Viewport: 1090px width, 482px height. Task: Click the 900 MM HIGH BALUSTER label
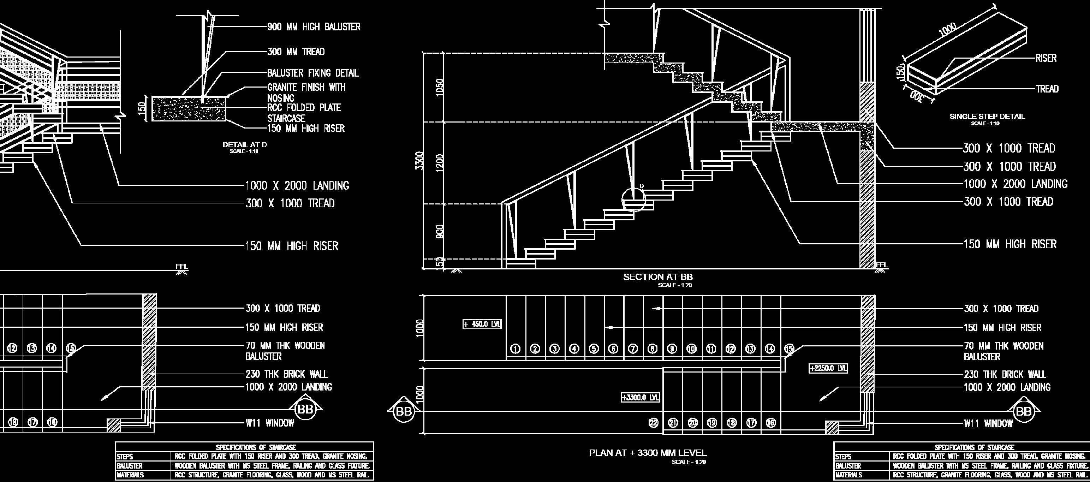tap(314, 27)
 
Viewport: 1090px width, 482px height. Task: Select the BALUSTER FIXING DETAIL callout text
tap(313, 73)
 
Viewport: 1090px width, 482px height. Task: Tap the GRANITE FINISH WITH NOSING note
tap(306, 92)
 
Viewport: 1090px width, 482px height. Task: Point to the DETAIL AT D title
tap(245, 145)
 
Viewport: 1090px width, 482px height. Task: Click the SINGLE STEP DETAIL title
tap(987, 117)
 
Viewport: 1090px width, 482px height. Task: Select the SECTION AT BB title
tap(657, 277)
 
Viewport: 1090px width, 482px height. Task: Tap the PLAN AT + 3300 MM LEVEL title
tap(648, 453)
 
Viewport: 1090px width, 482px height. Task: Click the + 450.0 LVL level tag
tap(482, 325)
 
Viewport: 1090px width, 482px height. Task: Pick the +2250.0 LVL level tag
tap(828, 368)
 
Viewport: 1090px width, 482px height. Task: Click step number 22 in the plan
tap(654, 422)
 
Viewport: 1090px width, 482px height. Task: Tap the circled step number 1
tap(516, 349)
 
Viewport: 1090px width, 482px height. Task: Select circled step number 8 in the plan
tap(653, 349)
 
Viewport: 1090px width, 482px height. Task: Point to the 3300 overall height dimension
tap(419, 160)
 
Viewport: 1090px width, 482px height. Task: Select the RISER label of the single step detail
tap(1046, 58)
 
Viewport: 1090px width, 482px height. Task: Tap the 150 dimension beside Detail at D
tap(143, 108)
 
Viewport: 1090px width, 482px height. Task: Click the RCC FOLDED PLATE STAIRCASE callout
tap(303, 113)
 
